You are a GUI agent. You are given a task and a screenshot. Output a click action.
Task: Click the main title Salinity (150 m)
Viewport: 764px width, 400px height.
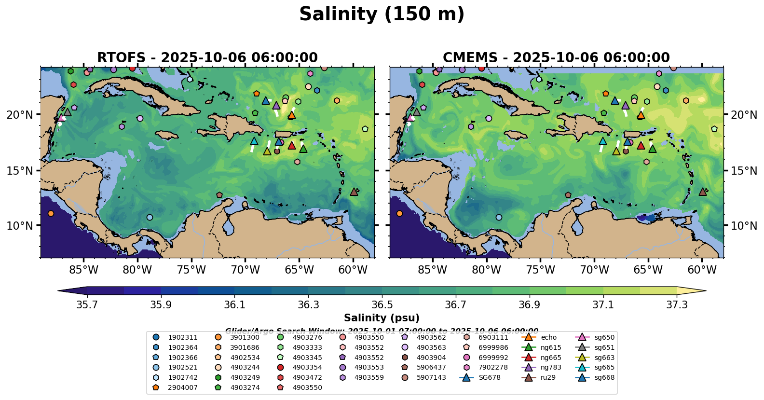coord(382,14)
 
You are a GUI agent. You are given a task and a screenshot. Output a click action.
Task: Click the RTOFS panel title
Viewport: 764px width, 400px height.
coord(207,58)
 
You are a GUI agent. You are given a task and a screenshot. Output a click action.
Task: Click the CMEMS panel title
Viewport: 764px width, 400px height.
coord(556,58)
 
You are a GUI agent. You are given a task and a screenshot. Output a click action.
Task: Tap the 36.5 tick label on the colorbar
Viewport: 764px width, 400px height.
coord(382,305)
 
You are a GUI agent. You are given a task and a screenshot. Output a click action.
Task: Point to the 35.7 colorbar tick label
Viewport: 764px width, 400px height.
coord(87,305)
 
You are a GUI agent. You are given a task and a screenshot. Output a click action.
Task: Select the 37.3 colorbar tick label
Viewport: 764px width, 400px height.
coord(677,305)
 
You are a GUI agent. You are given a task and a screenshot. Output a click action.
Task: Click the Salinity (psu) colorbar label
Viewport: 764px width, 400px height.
coord(382,318)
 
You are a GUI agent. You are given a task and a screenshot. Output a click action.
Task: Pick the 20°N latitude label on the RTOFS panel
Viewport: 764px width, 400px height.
coord(20,115)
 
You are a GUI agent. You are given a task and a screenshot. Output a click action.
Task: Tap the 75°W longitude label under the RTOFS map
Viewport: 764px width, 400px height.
coord(191,270)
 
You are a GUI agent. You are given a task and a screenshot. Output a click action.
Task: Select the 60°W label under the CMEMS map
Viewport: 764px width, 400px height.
coord(702,270)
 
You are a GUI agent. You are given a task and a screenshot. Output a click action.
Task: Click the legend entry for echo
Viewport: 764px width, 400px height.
coord(548,338)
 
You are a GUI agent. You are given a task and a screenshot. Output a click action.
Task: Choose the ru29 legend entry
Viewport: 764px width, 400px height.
coord(548,378)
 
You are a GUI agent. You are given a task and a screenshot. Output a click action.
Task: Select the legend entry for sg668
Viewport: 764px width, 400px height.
coord(604,378)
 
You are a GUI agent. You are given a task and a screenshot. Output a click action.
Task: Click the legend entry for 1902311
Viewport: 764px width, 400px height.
coord(182,338)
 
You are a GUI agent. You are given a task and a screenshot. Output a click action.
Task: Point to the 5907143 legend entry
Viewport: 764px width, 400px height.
coord(431,378)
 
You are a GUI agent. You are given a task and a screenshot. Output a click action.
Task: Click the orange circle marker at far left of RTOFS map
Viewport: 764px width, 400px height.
coord(51,213)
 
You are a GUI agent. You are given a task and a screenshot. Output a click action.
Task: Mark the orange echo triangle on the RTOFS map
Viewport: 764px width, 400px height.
coord(292,115)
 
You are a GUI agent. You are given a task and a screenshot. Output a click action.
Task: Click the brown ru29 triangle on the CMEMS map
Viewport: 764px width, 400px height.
coord(703,192)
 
